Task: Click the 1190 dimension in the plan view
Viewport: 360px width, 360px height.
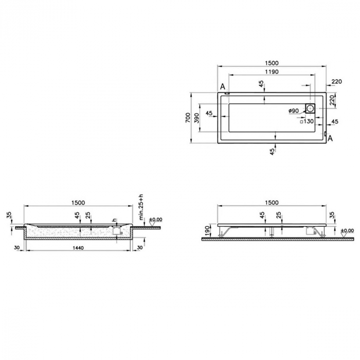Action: coord(268,72)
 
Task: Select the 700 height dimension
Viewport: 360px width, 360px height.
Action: coord(188,118)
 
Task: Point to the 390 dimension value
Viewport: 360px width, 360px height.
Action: coord(196,118)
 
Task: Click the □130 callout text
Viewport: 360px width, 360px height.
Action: coord(307,121)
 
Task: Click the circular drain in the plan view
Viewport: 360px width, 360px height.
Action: coord(311,109)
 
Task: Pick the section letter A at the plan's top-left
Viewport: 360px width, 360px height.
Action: coord(223,87)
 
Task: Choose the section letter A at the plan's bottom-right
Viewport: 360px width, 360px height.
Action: coord(330,138)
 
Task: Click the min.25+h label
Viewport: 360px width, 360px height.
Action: coord(142,207)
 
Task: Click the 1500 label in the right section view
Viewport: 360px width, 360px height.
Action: coord(272,203)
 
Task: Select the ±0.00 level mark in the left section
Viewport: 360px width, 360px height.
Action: coord(155,220)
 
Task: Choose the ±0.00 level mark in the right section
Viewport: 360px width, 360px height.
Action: coord(347,231)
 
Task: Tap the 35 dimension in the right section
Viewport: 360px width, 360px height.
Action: coord(331,215)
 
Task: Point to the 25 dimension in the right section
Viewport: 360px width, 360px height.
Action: coord(279,215)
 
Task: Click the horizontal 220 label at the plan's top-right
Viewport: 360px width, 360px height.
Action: coord(337,82)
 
